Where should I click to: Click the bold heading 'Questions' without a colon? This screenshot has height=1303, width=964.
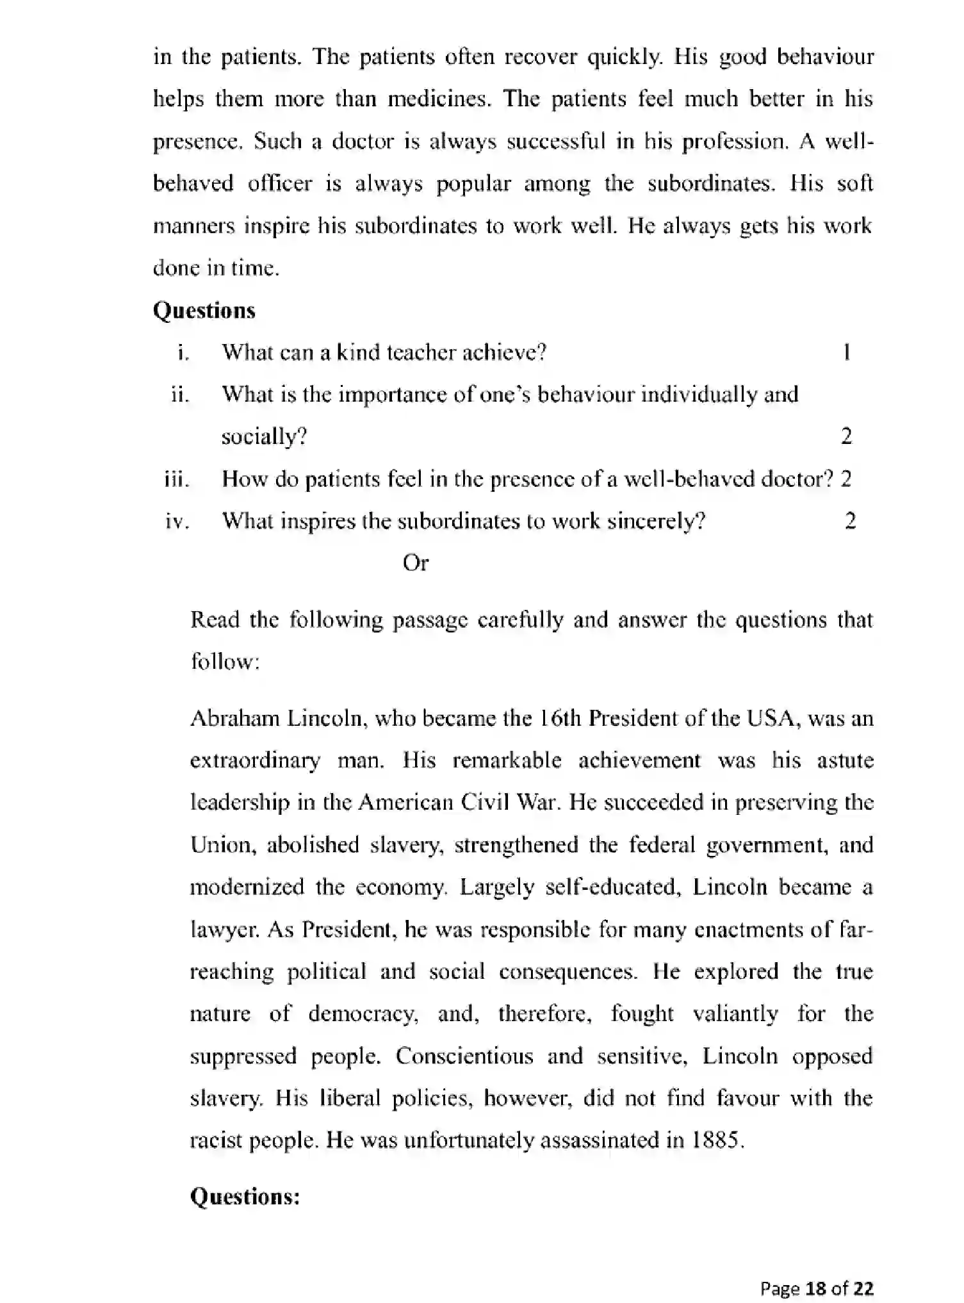[204, 311]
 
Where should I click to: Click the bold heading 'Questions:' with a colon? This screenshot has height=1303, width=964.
[245, 1196]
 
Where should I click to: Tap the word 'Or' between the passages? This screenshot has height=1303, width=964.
[415, 563]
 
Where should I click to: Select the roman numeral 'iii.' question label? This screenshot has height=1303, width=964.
[177, 479]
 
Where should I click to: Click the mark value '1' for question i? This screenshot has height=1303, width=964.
[847, 352]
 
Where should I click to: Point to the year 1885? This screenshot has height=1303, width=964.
[717, 1140]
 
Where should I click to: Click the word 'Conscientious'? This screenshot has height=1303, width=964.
[464, 1055]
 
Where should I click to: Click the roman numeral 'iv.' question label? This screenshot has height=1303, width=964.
[177, 521]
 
